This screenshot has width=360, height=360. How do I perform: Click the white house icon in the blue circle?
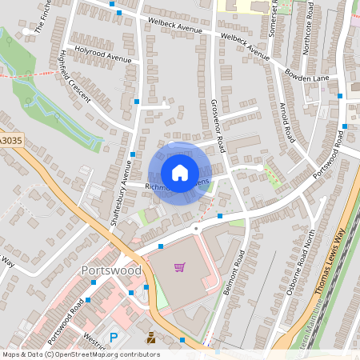tap(179, 172)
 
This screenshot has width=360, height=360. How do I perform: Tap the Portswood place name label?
tap(111, 270)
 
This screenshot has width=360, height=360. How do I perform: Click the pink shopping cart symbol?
tap(180, 267)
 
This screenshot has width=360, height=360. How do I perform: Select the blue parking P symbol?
tap(113, 338)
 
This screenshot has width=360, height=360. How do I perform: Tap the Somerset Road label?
tap(274, 16)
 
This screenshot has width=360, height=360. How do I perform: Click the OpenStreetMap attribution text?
tap(80, 354)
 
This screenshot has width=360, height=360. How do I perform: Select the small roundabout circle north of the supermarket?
tap(195, 227)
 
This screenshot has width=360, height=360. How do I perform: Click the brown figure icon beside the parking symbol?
tap(150, 338)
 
